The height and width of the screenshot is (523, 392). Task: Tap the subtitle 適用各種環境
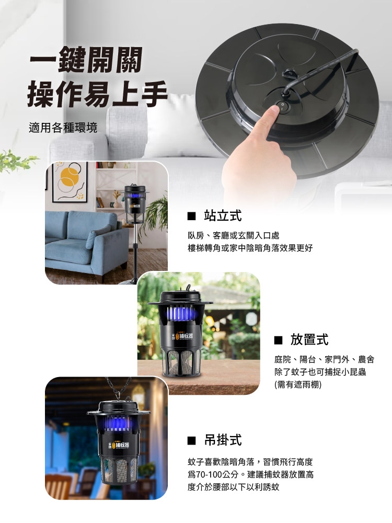63,128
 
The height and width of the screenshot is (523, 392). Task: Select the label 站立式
222,215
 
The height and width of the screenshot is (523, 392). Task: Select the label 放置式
309,339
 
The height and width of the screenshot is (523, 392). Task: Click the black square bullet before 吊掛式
191,440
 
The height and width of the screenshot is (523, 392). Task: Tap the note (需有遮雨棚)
298,384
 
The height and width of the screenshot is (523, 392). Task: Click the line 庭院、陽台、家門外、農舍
324,359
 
